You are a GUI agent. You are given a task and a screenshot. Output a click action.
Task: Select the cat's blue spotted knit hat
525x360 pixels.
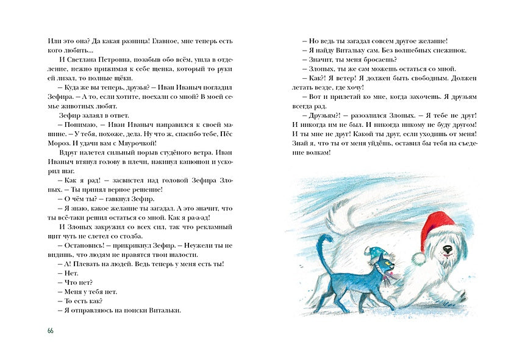[x=373, y=251]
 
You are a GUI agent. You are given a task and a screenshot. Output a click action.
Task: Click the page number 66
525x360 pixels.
[x=50, y=330]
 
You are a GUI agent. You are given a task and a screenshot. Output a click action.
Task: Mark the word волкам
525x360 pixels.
[x=316, y=152]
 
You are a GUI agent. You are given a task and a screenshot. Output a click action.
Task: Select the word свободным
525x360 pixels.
[x=413, y=79]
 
